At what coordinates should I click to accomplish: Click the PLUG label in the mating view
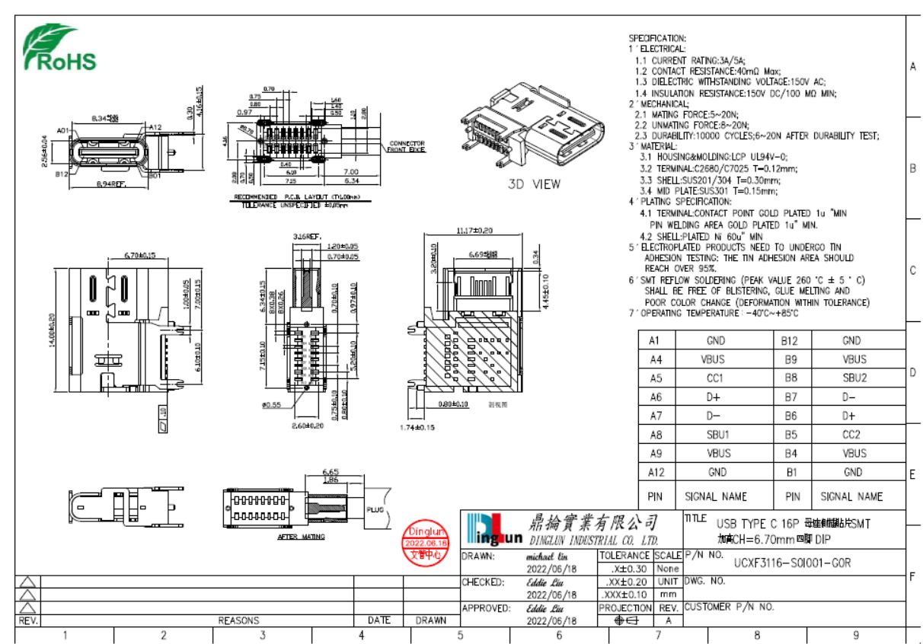pos(375,509)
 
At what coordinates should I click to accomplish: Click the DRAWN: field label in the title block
pos(480,556)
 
